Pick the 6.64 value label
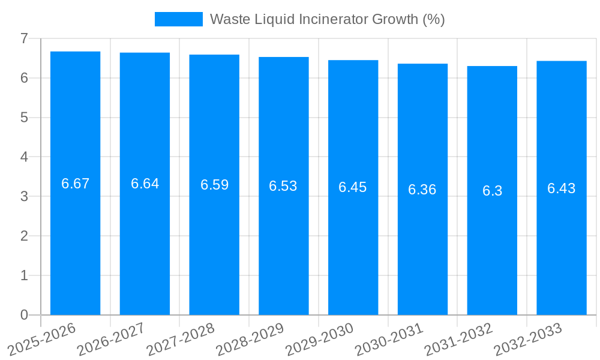[145, 184]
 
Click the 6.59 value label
[214, 185]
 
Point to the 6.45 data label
[353, 187]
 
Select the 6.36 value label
[422, 190]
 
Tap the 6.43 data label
[562, 188]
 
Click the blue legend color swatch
[178, 19]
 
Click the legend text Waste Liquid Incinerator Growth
[327, 19]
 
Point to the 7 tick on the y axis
[24, 38]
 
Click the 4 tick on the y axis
[24, 157]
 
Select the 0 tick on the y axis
[24, 315]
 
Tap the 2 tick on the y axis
[24, 236]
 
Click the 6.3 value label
[492, 191]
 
